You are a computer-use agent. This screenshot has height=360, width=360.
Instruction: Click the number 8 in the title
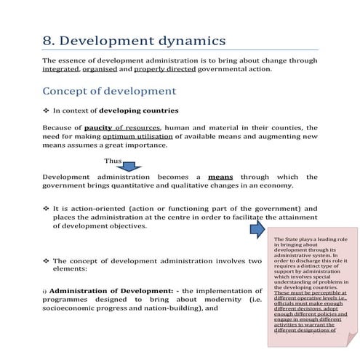click(49, 41)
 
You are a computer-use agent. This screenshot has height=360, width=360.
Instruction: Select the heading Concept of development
click(110, 92)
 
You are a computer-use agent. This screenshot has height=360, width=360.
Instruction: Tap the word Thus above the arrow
click(113, 160)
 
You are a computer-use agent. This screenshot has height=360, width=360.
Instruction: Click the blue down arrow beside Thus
click(137, 167)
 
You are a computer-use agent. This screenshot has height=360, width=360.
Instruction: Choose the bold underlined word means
click(220, 177)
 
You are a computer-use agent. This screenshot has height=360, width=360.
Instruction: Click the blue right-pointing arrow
click(258, 231)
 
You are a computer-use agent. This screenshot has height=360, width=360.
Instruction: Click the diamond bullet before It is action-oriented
click(46, 208)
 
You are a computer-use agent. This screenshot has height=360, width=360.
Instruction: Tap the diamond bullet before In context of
click(46, 111)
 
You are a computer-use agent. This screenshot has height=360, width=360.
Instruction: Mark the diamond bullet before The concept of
click(46, 260)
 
